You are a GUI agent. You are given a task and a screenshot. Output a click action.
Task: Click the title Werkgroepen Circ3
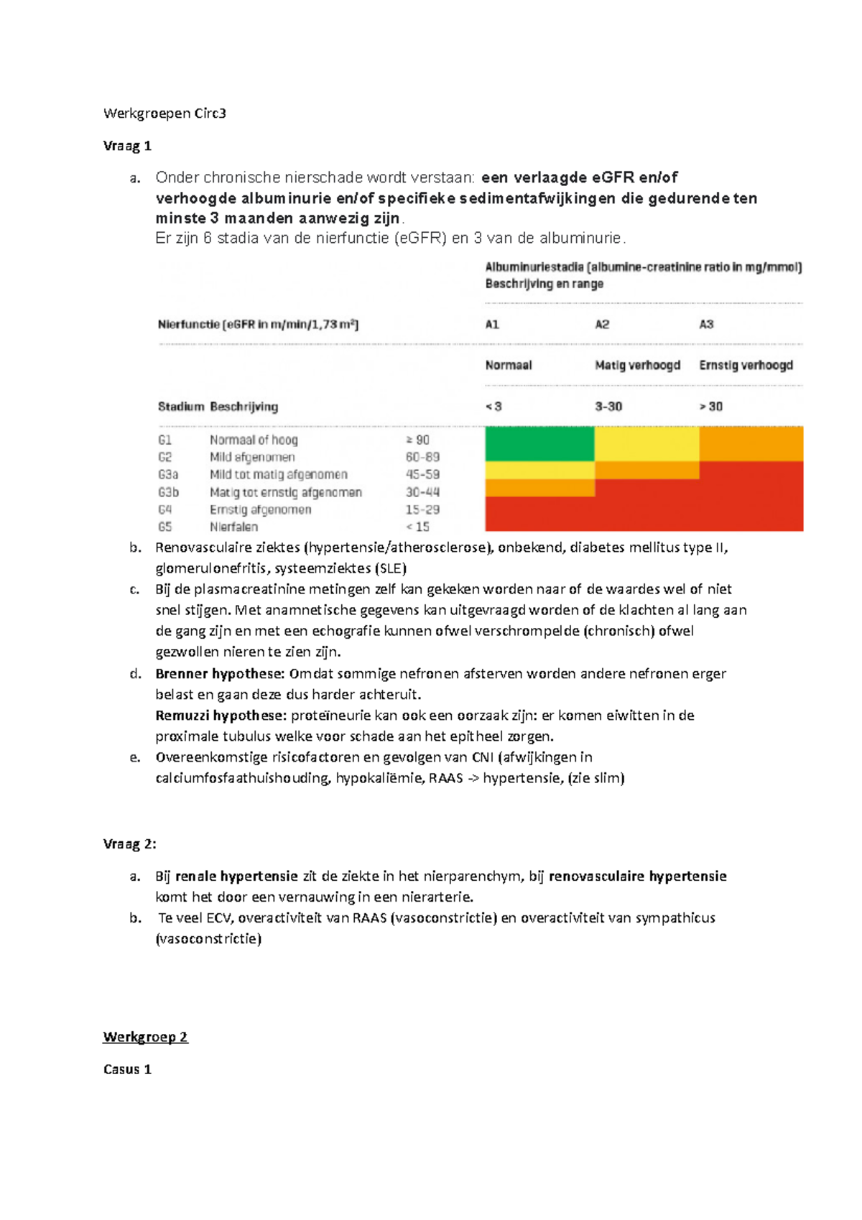click(x=164, y=113)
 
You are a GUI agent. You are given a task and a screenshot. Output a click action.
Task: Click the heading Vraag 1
click(x=127, y=146)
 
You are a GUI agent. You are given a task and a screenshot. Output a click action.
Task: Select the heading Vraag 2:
click(x=129, y=844)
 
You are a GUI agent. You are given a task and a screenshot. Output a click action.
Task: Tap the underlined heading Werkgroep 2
click(x=145, y=1036)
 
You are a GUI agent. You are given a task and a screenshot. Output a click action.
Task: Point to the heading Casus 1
click(x=127, y=1069)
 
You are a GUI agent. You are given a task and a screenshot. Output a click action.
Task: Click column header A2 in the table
click(x=602, y=324)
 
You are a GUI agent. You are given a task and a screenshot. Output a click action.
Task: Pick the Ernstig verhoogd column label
click(x=746, y=365)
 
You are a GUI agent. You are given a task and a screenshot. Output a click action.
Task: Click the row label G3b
click(x=168, y=492)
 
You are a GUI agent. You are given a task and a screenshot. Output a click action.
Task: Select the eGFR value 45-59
click(x=422, y=474)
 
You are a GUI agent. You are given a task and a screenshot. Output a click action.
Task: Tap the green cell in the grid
click(x=539, y=443)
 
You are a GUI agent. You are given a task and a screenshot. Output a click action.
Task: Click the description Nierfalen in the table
click(x=233, y=527)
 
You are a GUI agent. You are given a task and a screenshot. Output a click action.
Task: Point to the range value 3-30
click(x=608, y=407)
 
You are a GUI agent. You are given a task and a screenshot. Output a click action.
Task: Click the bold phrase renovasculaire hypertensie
click(x=637, y=876)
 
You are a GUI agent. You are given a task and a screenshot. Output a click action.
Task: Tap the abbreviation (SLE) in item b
click(x=390, y=568)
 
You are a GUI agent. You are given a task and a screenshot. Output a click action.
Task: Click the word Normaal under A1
click(x=508, y=365)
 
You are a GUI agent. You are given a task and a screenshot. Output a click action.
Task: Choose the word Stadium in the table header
click(x=180, y=407)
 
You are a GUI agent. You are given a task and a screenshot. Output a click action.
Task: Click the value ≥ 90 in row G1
click(x=417, y=440)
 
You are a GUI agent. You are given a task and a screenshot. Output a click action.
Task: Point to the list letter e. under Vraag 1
click(x=135, y=757)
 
